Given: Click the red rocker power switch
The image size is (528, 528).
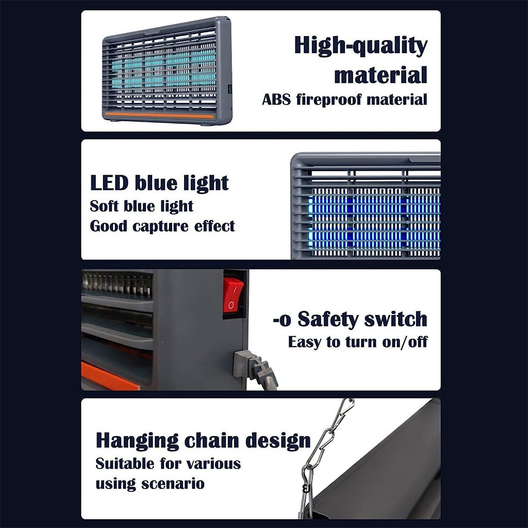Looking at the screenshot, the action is (x=233, y=294).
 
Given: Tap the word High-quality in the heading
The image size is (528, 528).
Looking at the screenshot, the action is (x=360, y=46).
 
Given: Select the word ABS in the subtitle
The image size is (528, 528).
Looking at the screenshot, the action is (x=276, y=100).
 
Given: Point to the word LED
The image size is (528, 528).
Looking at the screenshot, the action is (x=109, y=183).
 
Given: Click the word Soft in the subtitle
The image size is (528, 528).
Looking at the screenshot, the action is (x=104, y=206).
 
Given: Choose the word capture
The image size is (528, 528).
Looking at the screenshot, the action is (x=160, y=227).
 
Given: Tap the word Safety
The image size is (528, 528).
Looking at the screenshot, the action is (x=328, y=319).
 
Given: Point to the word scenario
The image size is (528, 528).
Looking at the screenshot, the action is (x=173, y=484).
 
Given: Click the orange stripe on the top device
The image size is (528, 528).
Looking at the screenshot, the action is (x=160, y=115).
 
